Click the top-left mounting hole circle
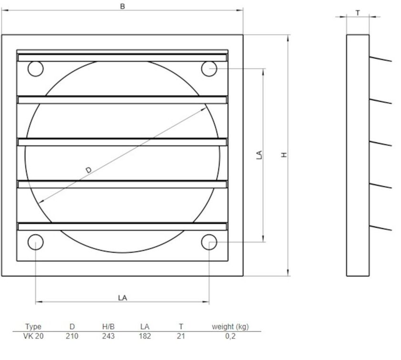(x=35, y=69)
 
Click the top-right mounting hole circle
(x=209, y=69)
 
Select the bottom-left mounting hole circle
(x=35, y=243)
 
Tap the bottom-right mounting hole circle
(x=209, y=243)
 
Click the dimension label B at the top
(x=122, y=7)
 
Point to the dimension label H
(x=284, y=155)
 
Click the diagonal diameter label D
(x=88, y=170)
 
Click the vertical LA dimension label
(x=259, y=155)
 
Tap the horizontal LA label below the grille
(x=122, y=297)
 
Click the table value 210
(x=72, y=336)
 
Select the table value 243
(x=108, y=336)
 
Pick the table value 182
(x=145, y=336)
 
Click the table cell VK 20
(x=33, y=336)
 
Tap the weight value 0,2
(x=230, y=336)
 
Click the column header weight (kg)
(x=230, y=327)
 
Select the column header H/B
(x=108, y=327)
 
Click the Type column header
(x=33, y=327)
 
